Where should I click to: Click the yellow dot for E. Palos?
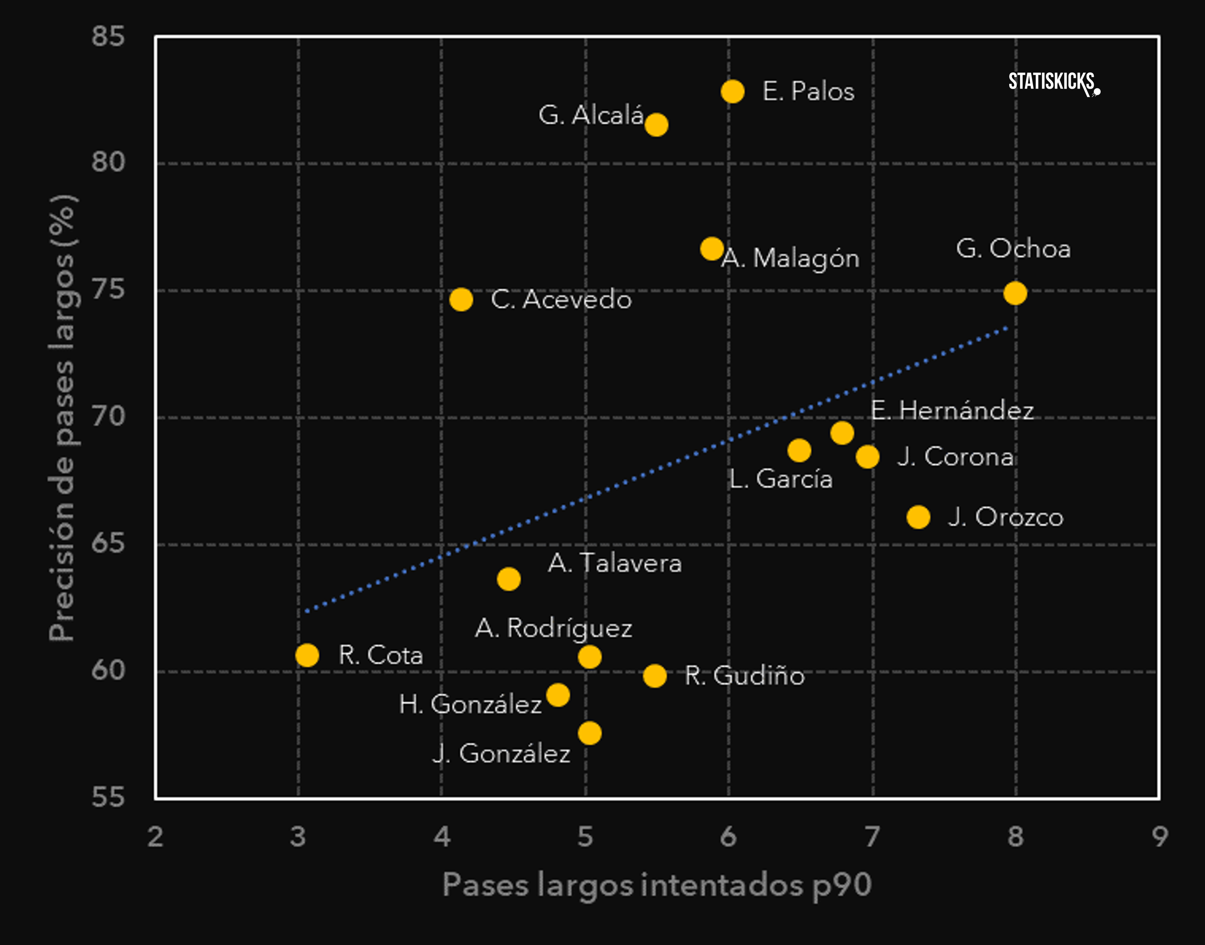click(x=732, y=91)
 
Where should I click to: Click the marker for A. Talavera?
click(x=508, y=579)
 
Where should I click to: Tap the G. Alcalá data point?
click(x=656, y=125)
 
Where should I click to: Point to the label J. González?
click(x=501, y=754)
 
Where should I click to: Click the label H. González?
click(x=470, y=704)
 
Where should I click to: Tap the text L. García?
click(x=780, y=478)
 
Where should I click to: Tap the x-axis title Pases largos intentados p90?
click(x=657, y=884)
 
